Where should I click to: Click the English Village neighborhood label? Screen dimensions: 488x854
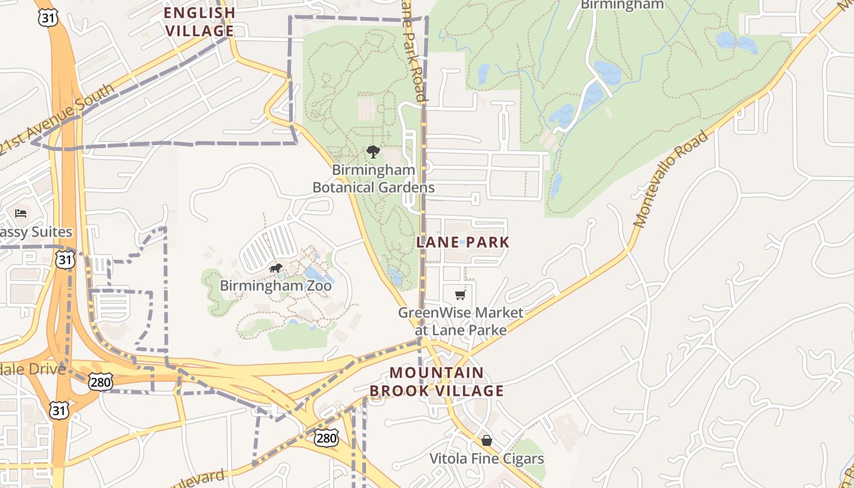point(199,21)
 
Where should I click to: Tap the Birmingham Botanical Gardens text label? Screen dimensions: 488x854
point(373,179)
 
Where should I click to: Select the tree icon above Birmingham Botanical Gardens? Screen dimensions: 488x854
point(373,152)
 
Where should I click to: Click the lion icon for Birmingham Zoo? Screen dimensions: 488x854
point(276,268)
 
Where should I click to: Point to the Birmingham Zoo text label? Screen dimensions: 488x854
point(276,285)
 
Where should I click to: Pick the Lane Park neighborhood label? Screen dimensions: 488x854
point(462,242)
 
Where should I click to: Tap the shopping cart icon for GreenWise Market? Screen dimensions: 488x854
point(460,295)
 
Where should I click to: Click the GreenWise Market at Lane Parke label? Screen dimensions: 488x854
point(461,321)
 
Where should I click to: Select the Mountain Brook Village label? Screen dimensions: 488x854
point(445,382)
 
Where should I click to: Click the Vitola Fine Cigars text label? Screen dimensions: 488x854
point(486,459)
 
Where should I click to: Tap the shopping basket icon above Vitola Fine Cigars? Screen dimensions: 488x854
point(486,440)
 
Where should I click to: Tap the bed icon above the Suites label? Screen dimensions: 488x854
point(21,213)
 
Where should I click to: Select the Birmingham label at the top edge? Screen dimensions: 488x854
point(622,5)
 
